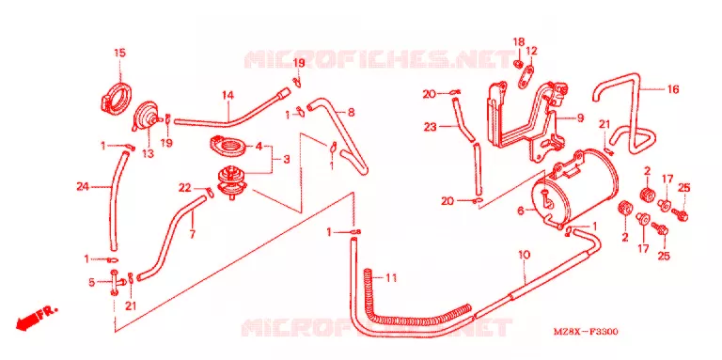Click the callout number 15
click(x=119, y=53)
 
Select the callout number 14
click(x=228, y=95)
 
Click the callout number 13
click(x=148, y=154)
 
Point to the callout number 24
click(x=83, y=186)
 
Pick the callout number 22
click(x=184, y=188)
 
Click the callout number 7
click(x=192, y=234)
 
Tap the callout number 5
click(x=91, y=282)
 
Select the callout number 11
click(x=391, y=278)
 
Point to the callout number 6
click(x=521, y=211)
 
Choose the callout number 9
click(x=580, y=117)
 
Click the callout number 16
click(x=673, y=90)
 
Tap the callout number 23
click(x=430, y=127)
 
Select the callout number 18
click(x=519, y=42)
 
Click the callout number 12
click(x=531, y=50)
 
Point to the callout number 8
click(x=351, y=112)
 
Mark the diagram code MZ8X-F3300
click(x=586, y=332)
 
